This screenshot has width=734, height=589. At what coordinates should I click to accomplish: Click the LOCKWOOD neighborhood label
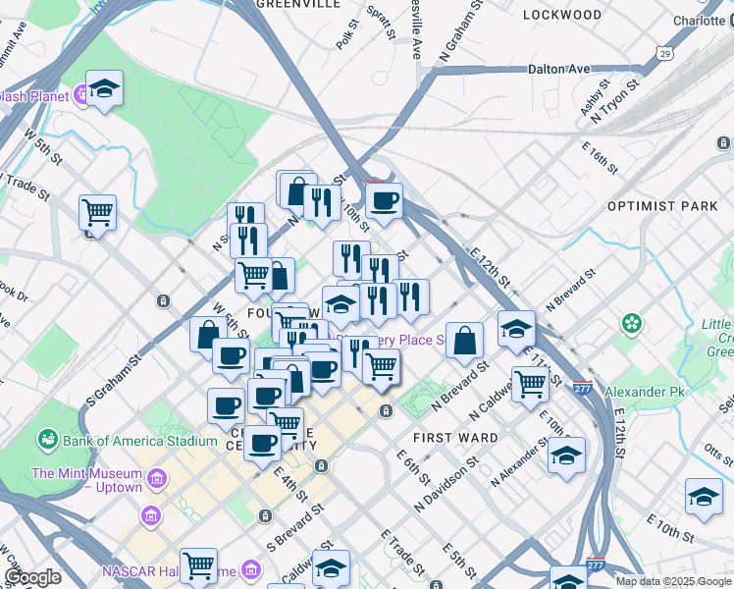562,15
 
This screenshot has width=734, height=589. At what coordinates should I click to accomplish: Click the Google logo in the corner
32,577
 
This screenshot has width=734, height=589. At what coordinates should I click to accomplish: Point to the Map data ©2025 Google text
673,581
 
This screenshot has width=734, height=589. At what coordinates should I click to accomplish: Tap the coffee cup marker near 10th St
384,200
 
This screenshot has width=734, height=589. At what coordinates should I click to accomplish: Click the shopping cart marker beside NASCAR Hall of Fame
199,564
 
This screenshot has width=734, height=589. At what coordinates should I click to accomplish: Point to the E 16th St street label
599,156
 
